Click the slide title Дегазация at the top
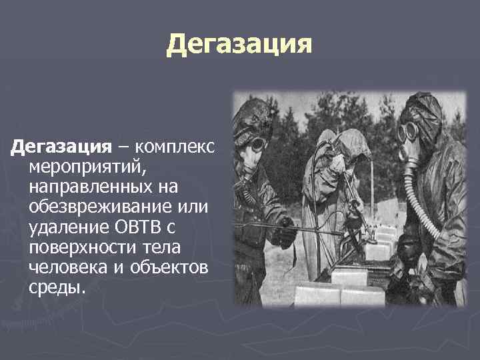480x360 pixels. click(x=239, y=45)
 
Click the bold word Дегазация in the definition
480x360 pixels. click(x=58, y=146)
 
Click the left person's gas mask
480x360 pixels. click(x=255, y=143)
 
